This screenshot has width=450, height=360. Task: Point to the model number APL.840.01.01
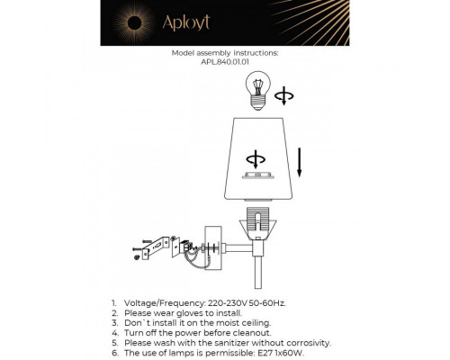[225, 63]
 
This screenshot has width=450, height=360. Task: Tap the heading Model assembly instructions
[225, 53]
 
